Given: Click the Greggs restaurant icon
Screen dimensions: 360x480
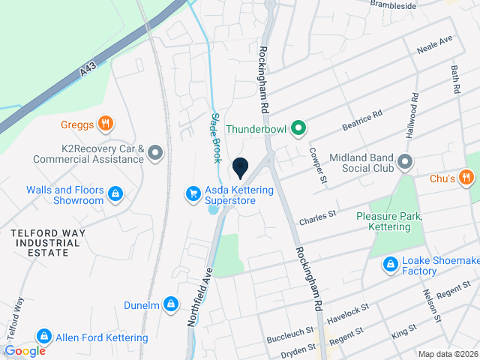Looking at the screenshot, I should point(106,124).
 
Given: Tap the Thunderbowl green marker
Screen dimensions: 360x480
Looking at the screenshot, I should point(298,129).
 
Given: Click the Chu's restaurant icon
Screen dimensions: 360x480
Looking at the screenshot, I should point(466,178).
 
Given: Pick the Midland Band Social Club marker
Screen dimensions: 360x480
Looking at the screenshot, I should point(406,162).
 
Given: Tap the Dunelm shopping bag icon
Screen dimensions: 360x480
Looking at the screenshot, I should point(172,304).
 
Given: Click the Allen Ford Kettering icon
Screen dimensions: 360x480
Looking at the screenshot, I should point(44,337).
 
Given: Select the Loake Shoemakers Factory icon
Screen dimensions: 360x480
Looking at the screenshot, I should point(391,265).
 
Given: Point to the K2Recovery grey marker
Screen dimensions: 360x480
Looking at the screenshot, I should point(155,154).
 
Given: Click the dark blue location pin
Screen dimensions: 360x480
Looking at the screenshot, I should point(240,167).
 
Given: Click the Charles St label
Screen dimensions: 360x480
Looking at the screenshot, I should point(316,220).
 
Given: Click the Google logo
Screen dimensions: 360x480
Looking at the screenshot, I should point(25,350).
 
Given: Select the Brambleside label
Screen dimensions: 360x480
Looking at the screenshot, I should point(393,4).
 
